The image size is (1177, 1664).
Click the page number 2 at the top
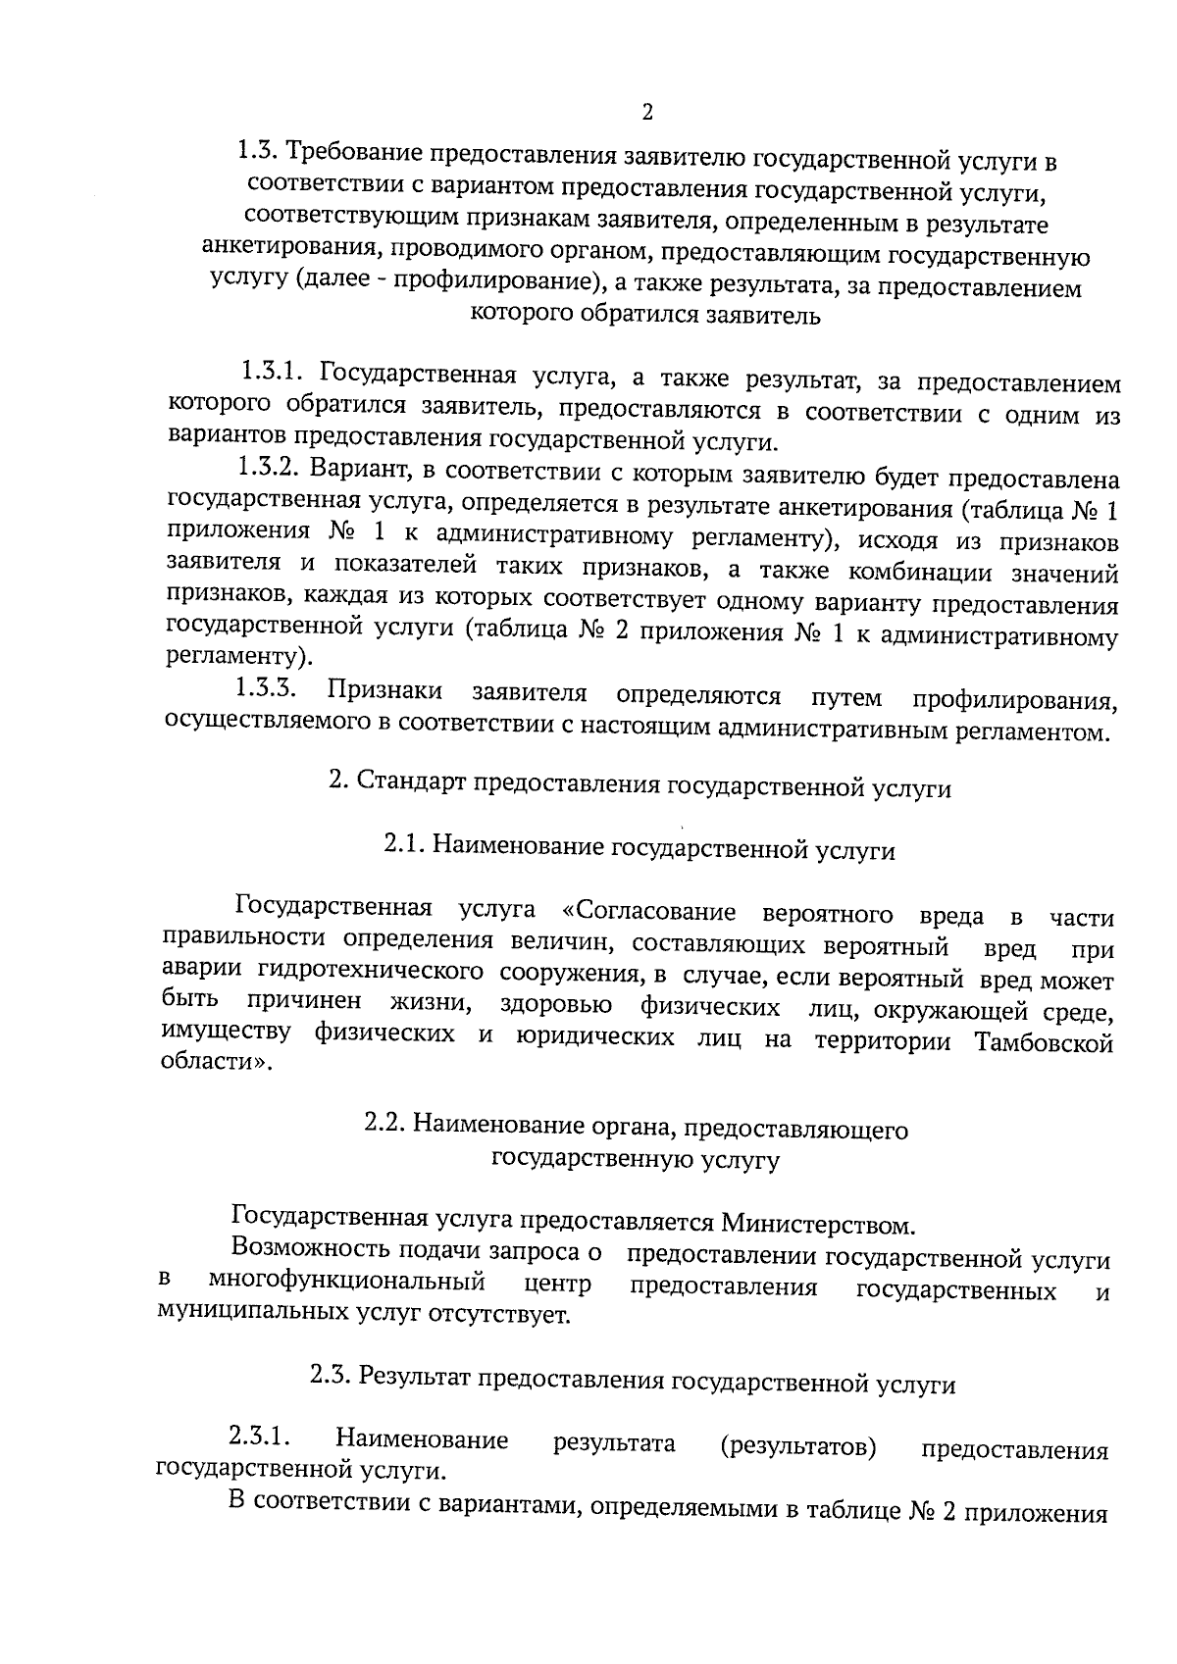pos(646,112)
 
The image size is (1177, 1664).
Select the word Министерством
pos(818,1224)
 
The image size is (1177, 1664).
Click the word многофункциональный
pos(347,1282)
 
